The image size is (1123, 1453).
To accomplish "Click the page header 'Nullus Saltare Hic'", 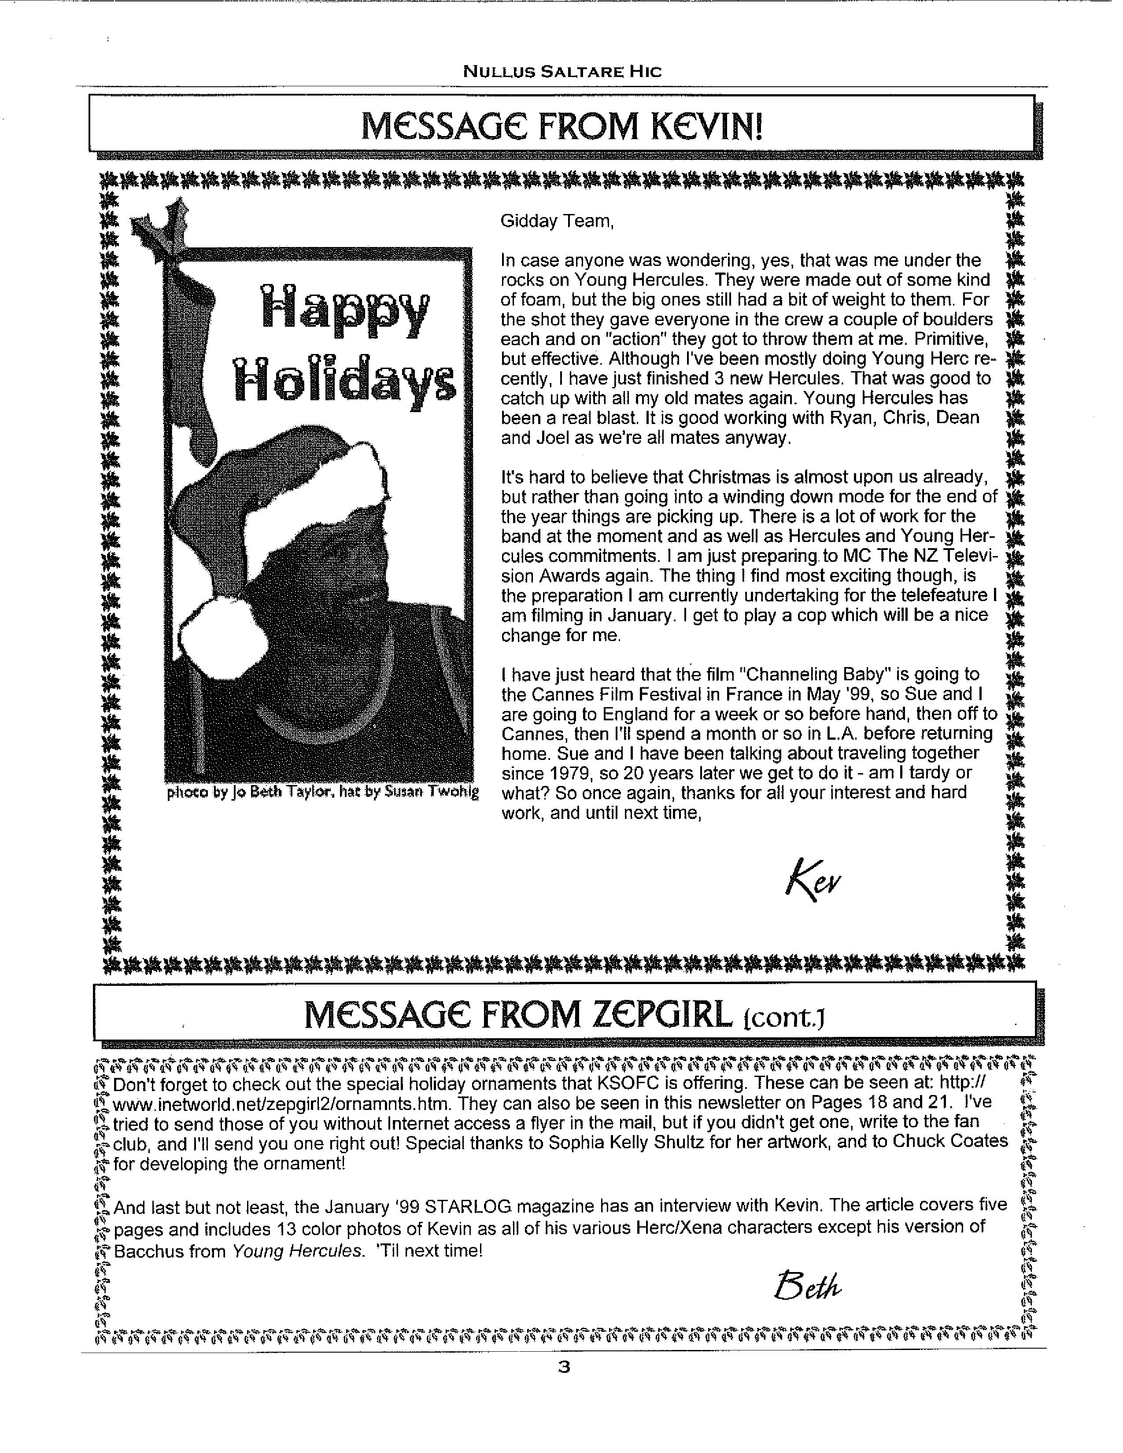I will point(562,71).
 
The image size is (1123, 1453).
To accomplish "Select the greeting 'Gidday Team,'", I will point(557,221).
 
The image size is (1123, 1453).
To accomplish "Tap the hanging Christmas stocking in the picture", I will point(196,372).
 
